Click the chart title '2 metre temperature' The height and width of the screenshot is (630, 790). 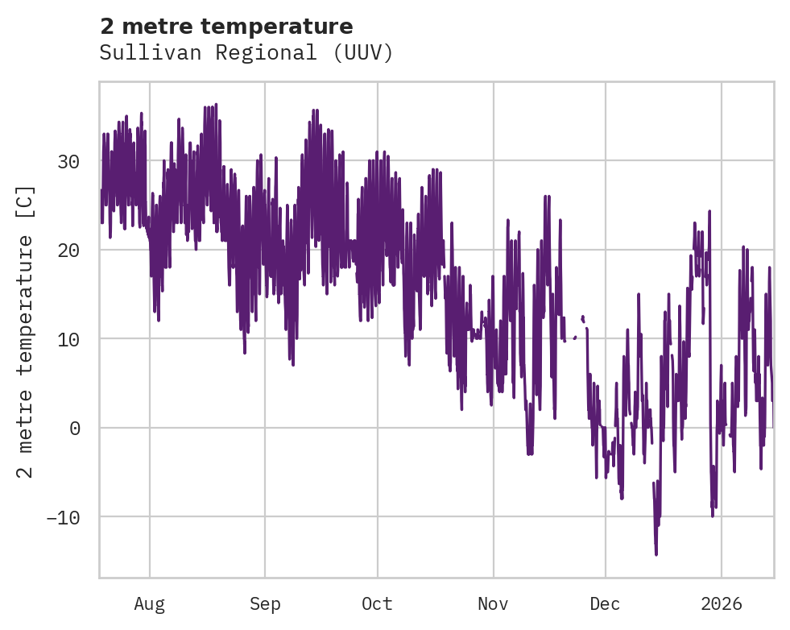(x=226, y=27)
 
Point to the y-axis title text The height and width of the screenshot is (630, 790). (x=26, y=331)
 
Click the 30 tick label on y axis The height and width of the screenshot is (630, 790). (x=68, y=162)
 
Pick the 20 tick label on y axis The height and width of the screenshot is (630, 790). (x=68, y=251)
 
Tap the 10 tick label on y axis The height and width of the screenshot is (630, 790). (x=68, y=339)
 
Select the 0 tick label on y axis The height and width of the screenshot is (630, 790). (x=75, y=428)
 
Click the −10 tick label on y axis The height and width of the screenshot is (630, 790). (x=63, y=516)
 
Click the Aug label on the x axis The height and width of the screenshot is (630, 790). (x=149, y=604)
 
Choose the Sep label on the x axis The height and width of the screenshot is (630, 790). (x=265, y=604)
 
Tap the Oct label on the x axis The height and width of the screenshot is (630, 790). (x=377, y=604)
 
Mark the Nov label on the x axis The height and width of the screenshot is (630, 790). (x=493, y=604)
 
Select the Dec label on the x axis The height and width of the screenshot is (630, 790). (x=605, y=604)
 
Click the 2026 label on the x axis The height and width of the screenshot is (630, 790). (x=721, y=604)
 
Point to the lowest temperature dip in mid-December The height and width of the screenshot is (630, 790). (x=656, y=553)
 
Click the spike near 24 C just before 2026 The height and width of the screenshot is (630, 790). (x=709, y=211)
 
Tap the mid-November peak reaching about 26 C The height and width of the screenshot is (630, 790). (x=546, y=197)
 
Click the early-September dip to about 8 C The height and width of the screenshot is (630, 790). (x=245, y=352)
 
